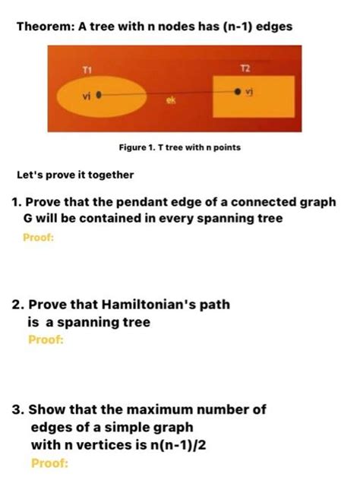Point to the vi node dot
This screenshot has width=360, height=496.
pos(99,96)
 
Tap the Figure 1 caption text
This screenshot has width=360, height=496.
pos(179,147)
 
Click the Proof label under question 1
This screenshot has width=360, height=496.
pos(39,236)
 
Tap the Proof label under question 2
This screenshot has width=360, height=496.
pos(46,340)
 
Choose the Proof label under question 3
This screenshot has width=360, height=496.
pos(49,462)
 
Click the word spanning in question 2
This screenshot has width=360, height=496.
pos(95,322)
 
